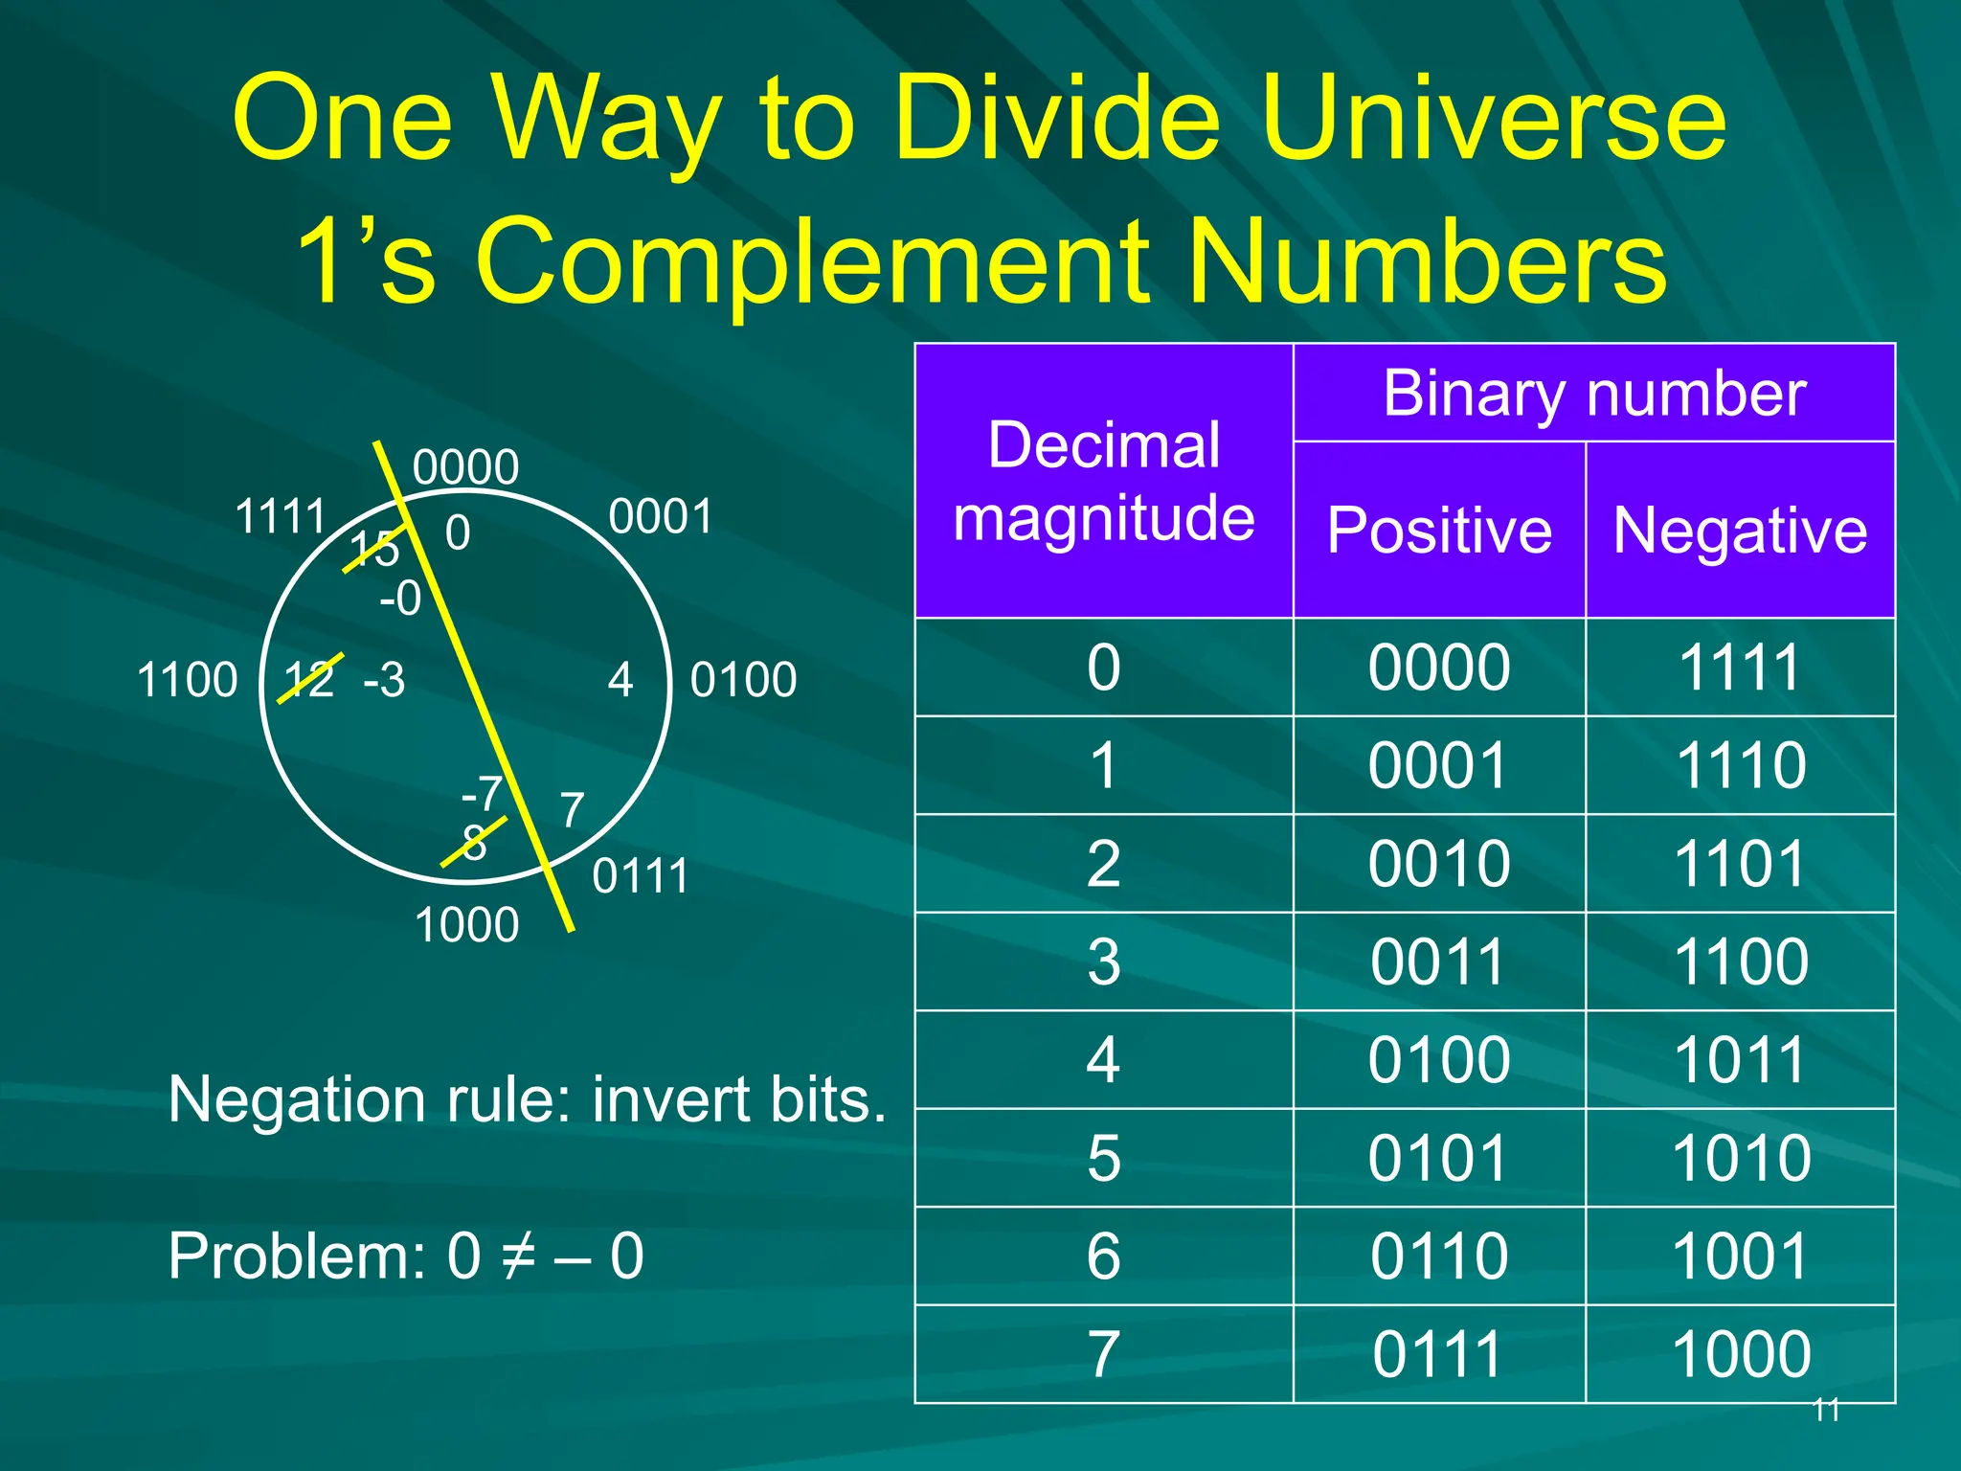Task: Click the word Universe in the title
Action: [1494, 120]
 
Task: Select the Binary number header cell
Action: [1594, 394]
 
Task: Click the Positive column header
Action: [1439, 531]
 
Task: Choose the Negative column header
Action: [1740, 531]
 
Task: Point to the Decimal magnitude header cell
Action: [1103, 482]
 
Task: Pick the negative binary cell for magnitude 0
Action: [1740, 668]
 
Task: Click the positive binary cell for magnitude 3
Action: [1438, 962]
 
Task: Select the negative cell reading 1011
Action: [1740, 1061]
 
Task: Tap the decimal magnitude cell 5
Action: [1103, 1159]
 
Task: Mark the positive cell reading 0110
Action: [1438, 1256]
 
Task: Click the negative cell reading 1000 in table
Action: [1740, 1355]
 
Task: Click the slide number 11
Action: [1826, 1410]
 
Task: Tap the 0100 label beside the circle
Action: [743, 681]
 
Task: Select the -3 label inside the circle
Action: [384, 681]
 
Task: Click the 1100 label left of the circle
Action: [187, 681]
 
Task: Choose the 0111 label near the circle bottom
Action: [640, 876]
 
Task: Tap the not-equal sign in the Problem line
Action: [518, 1256]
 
